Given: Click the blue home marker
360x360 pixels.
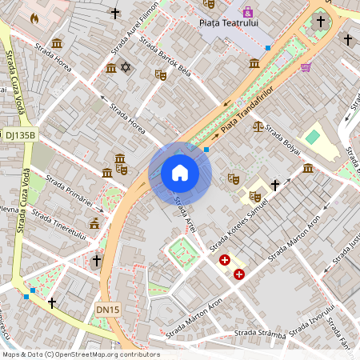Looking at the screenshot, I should pos(180,173).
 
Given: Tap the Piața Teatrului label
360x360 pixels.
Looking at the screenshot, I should pos(228,24).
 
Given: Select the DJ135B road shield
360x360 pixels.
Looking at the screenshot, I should pos(20,135).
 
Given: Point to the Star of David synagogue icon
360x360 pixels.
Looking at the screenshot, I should pos(124,68).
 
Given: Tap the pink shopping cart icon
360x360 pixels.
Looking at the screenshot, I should pos(305,67).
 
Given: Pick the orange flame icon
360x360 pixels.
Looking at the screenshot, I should pos(34,17).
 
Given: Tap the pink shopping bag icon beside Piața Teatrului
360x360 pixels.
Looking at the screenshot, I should pos(248,12).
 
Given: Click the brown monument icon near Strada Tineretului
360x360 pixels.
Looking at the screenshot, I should pos(94,223).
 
